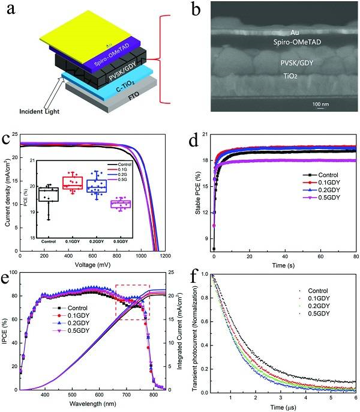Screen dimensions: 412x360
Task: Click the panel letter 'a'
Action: pyautogui.click(x=11, y=10)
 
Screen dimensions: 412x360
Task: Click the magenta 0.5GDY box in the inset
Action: pyautogui.click(x=138, y=204)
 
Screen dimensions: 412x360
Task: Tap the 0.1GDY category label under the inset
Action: pyautogui.click(x=73, y=241)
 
